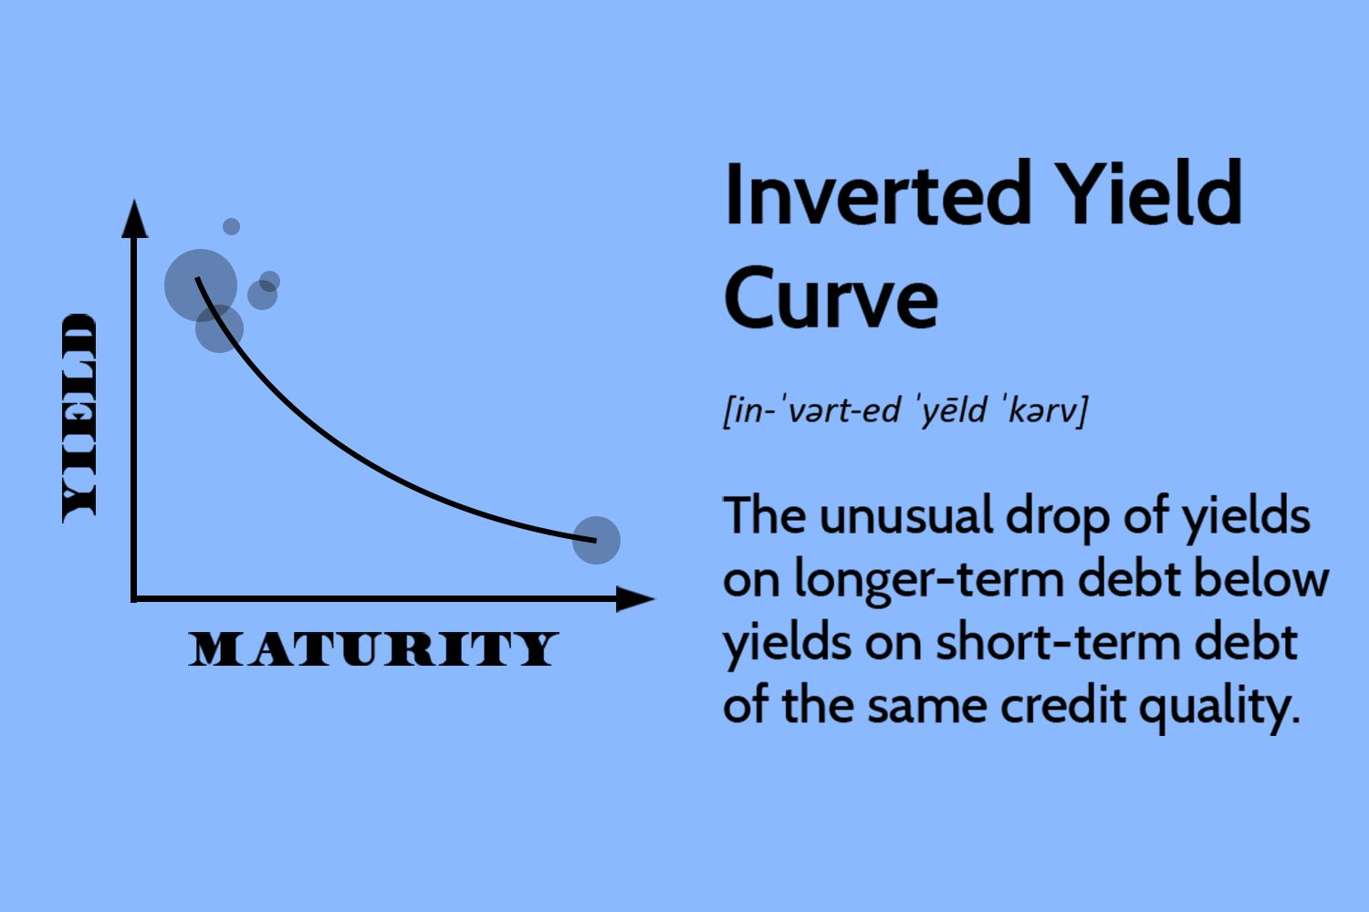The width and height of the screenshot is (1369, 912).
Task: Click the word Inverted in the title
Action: coord(878,193)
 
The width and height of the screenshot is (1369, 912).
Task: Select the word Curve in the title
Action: coord(831,297)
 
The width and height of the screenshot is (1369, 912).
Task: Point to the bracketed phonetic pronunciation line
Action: coord(905,409)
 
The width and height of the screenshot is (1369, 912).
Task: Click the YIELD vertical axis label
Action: coord(79,419)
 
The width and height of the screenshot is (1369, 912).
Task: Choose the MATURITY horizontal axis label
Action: coord(373,648)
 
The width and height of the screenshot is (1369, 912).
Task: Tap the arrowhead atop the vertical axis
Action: coord(134,218)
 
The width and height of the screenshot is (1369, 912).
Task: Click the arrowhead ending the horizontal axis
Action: coord(635,598)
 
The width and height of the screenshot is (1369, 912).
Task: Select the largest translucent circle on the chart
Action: coord(201,285)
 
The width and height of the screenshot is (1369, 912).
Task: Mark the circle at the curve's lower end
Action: coord(596,540)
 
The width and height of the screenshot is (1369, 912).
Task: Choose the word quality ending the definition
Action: coord(1219,710)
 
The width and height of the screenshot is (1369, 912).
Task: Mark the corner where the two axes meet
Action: coord(134,598)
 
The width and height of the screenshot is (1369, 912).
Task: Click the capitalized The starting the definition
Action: coord(764,517)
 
